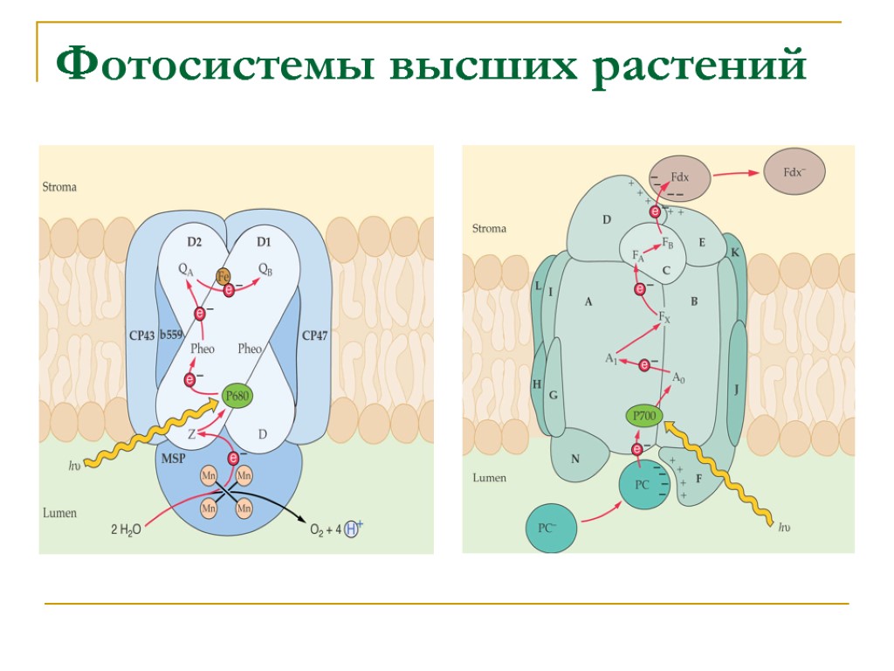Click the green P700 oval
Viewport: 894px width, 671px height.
645,416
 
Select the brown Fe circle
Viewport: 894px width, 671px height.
223,275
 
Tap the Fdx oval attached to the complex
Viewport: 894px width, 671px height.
678,178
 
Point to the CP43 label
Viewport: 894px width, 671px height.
141,335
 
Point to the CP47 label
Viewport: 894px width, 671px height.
314,335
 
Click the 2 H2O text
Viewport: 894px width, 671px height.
126,529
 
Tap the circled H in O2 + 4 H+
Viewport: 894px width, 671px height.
351,529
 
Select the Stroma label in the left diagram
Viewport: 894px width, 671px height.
59,187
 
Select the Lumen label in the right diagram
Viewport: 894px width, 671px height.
489,478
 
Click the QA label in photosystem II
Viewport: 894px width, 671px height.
186,270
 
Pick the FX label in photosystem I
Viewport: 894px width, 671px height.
664,316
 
